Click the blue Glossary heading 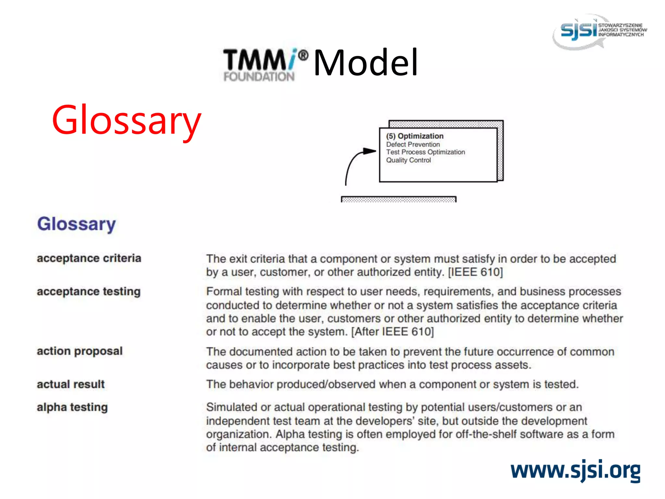(77, 224)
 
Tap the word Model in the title (366, 62)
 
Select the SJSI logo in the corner (599, 31)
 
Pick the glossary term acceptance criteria (89, 258)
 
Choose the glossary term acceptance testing (89, 291)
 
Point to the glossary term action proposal (80, 351)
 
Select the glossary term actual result (71, 384)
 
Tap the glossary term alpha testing (72, 407)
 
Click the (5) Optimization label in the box (415, 136)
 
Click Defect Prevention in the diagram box (413, 145)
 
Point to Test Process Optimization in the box (425, 152)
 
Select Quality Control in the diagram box (408, 160)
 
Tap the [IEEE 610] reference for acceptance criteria (475, 272)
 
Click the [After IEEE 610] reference (393, 332)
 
